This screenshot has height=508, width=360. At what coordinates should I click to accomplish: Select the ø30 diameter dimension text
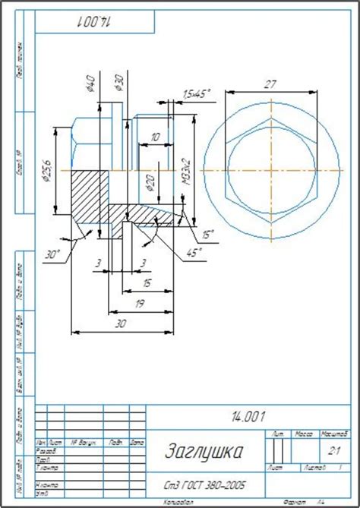(x=118, y=83)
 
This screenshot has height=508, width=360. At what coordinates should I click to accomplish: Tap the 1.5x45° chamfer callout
(x=195, y=93)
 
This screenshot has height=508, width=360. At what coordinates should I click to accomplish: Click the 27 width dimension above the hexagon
(x=270, y=85)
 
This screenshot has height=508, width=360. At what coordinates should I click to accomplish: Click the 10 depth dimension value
(x=155, y=137)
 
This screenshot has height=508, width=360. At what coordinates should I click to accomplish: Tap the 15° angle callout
(x=207, y=234)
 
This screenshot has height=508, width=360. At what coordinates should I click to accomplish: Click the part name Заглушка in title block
(x=205, y=452)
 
